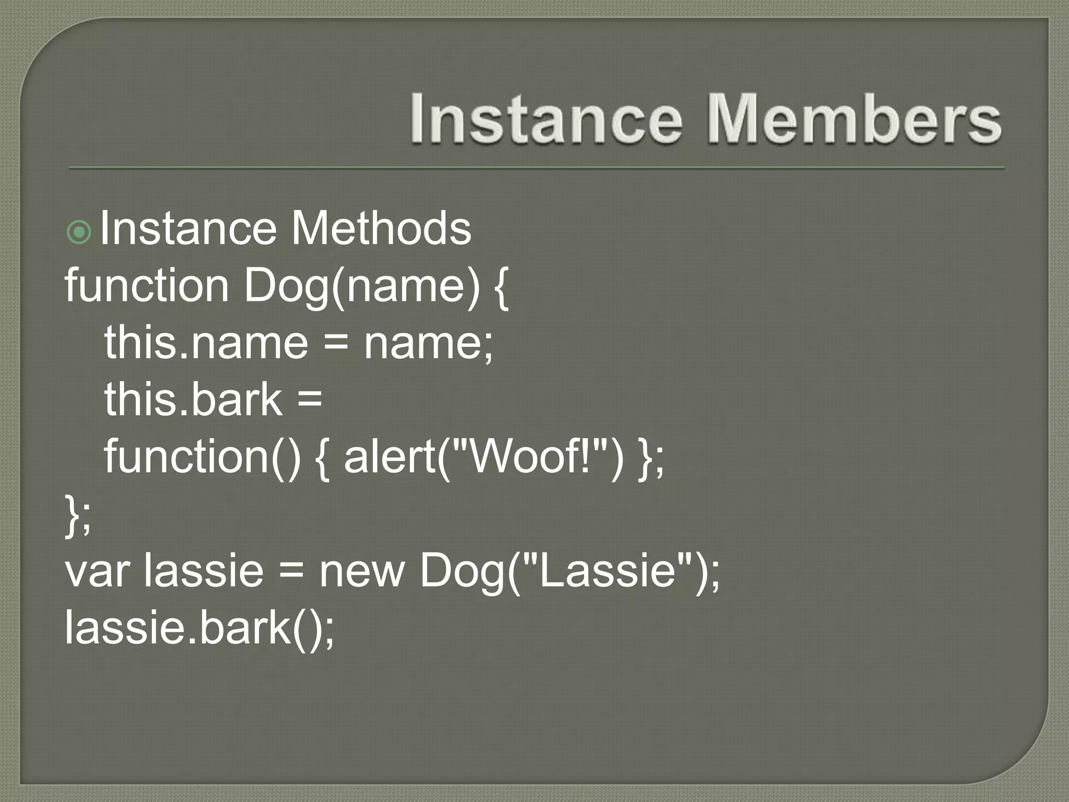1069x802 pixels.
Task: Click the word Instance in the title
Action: click(x=545, y=119)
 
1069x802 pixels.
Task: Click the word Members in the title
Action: click(x=854, y=119)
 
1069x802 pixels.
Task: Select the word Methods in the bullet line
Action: click(x=381, y=228)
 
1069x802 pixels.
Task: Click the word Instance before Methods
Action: click(x=188, y=228)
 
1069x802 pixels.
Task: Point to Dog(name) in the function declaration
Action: click(x=361, y=287)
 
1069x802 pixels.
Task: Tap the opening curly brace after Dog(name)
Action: click(x=500, y=288)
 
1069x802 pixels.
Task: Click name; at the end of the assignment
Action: click(x=428, y=344)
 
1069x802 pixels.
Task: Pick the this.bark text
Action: click(x=193, y=399)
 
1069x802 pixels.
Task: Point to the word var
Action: click(x=97, y=571)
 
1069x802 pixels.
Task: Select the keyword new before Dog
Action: click(x=362, y=571)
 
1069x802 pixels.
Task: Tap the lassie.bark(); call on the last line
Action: click(x=199, y=627)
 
